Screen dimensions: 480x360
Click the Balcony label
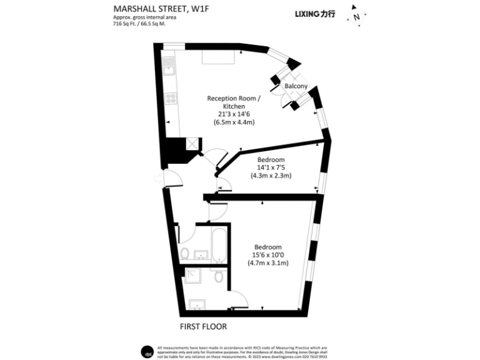click(x=296, y=86)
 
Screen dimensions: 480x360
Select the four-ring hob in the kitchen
click(x=169, y=98)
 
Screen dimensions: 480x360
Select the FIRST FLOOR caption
click(x=203, y=326)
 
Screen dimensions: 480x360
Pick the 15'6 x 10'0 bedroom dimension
click(x=267, y=254)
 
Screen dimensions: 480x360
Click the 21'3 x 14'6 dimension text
click(x=234, y=114)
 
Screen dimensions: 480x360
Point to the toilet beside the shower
click(x=218, y=276)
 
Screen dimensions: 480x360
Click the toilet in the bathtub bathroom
click(x=184, y=254)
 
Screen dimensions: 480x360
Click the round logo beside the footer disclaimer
click(x=147, y=350)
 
